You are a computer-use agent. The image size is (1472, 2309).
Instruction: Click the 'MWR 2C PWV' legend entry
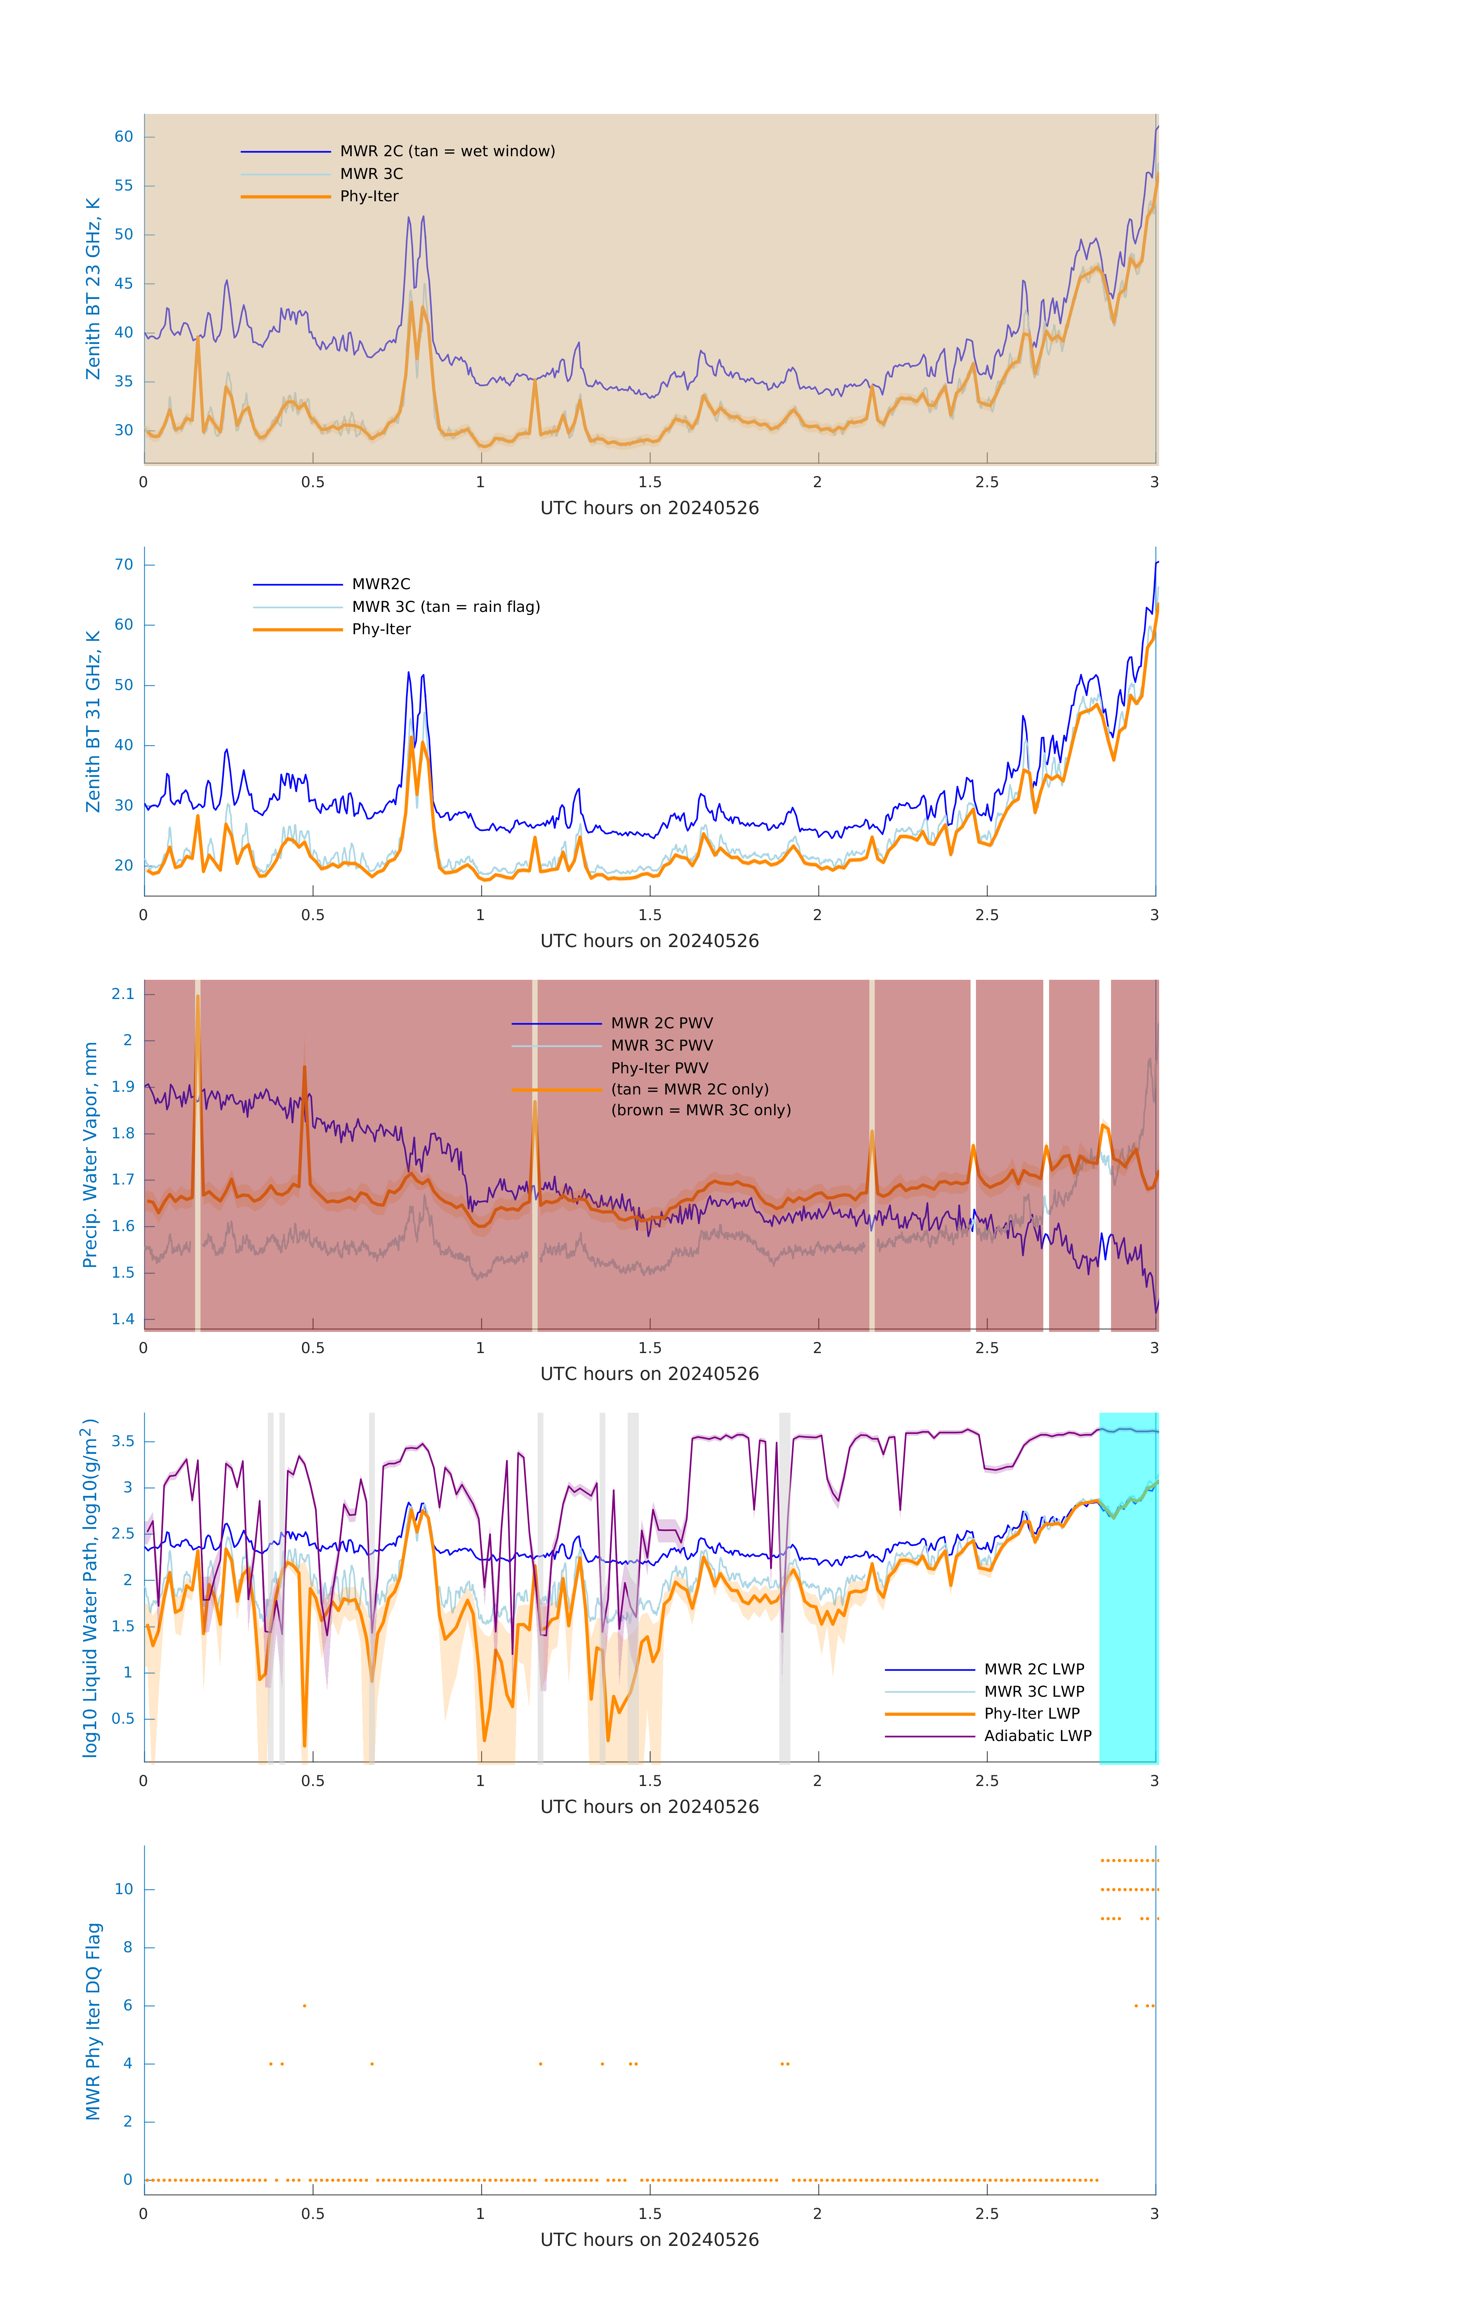click(x=662, y=1023)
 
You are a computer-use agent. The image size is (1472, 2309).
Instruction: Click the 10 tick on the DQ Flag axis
click(x=124, y=1889)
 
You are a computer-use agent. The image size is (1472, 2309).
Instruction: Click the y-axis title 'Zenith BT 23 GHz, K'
click(x=93, y=289)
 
